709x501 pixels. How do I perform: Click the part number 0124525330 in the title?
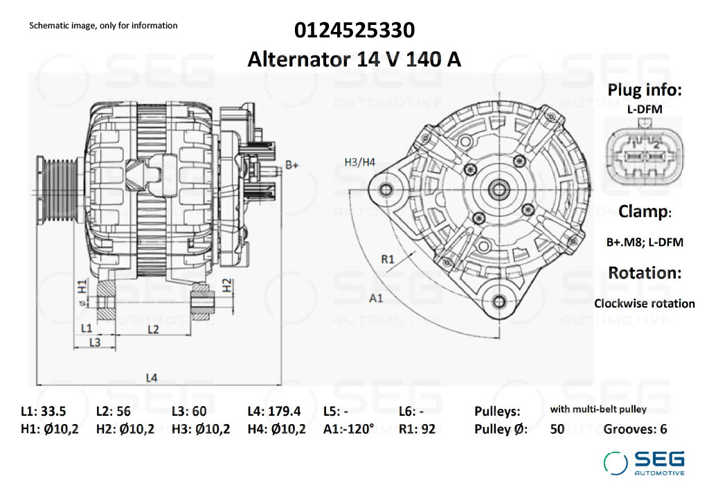354,30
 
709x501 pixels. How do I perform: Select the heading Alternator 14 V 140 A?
354,59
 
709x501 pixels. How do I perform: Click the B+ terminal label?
292,166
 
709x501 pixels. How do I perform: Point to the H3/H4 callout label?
359,162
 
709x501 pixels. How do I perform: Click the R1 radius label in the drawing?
388,259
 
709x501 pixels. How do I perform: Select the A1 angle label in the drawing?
376,299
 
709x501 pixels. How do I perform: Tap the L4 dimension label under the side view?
152,378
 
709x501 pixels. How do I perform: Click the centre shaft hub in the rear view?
498,188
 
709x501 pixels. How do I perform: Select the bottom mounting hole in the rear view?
499,300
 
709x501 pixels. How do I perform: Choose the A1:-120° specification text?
348,429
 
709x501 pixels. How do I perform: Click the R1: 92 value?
417,429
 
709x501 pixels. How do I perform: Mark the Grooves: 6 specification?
635,429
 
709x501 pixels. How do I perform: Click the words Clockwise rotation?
644,304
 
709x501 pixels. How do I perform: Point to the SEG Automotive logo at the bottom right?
644,463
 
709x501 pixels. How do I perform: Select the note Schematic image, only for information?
103,26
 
